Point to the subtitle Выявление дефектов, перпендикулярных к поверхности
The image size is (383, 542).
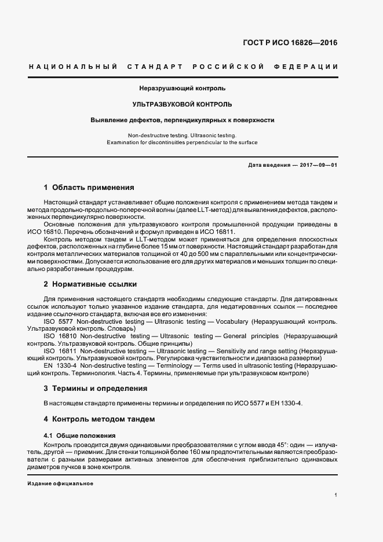pos(182,120)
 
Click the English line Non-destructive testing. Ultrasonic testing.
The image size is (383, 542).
pos(182,134)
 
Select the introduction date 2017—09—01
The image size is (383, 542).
pos(318,165)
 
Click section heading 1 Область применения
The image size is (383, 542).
pos(89,188)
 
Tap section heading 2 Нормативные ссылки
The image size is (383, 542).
pos(90,284)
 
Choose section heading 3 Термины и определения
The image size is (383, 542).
pos(95,389)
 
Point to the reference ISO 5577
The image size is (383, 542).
pos(57,321)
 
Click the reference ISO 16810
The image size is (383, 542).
pos(59,336)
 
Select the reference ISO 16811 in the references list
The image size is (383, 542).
pos(59,351)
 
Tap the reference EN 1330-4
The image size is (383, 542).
pos(60,366)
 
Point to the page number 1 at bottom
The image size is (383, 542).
pos(336,495)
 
